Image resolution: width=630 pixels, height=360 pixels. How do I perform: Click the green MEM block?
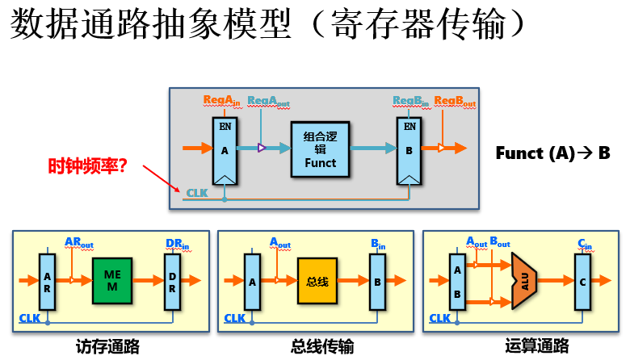click(111, 282)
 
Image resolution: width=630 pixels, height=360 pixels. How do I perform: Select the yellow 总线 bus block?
click(316, 282)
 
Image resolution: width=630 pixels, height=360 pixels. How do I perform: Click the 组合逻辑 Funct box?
click(320, 149)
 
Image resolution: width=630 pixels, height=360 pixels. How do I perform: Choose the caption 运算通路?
click(526, 345)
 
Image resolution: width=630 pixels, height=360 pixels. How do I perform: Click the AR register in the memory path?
click(48, 282)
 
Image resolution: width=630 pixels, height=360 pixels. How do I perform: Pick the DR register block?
click(171, 282)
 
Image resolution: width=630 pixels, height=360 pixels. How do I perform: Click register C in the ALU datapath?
click(583, 282)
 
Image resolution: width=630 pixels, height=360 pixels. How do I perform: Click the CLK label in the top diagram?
click(196, 193)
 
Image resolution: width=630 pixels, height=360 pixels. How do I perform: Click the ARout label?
click(78, 241)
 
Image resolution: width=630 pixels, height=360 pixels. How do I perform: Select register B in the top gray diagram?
click(409, 150)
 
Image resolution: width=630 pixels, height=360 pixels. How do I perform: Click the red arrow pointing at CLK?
click(162, 177)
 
